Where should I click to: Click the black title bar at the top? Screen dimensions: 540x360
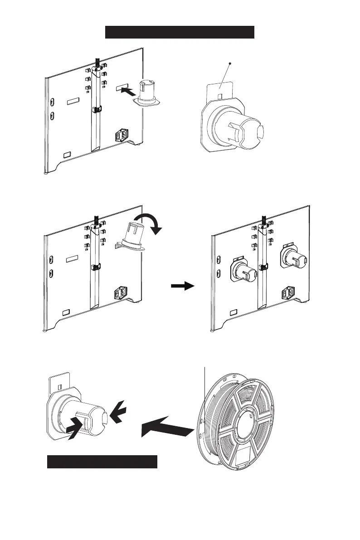[x=180, y=33]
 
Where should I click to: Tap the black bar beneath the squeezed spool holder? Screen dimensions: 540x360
[x=102, y=462]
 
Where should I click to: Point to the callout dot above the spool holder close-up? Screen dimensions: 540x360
[x=230, y=64]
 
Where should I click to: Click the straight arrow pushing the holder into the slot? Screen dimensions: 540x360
[x=128, y=92]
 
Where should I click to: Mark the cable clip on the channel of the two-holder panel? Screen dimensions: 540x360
[x=263, y=267]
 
